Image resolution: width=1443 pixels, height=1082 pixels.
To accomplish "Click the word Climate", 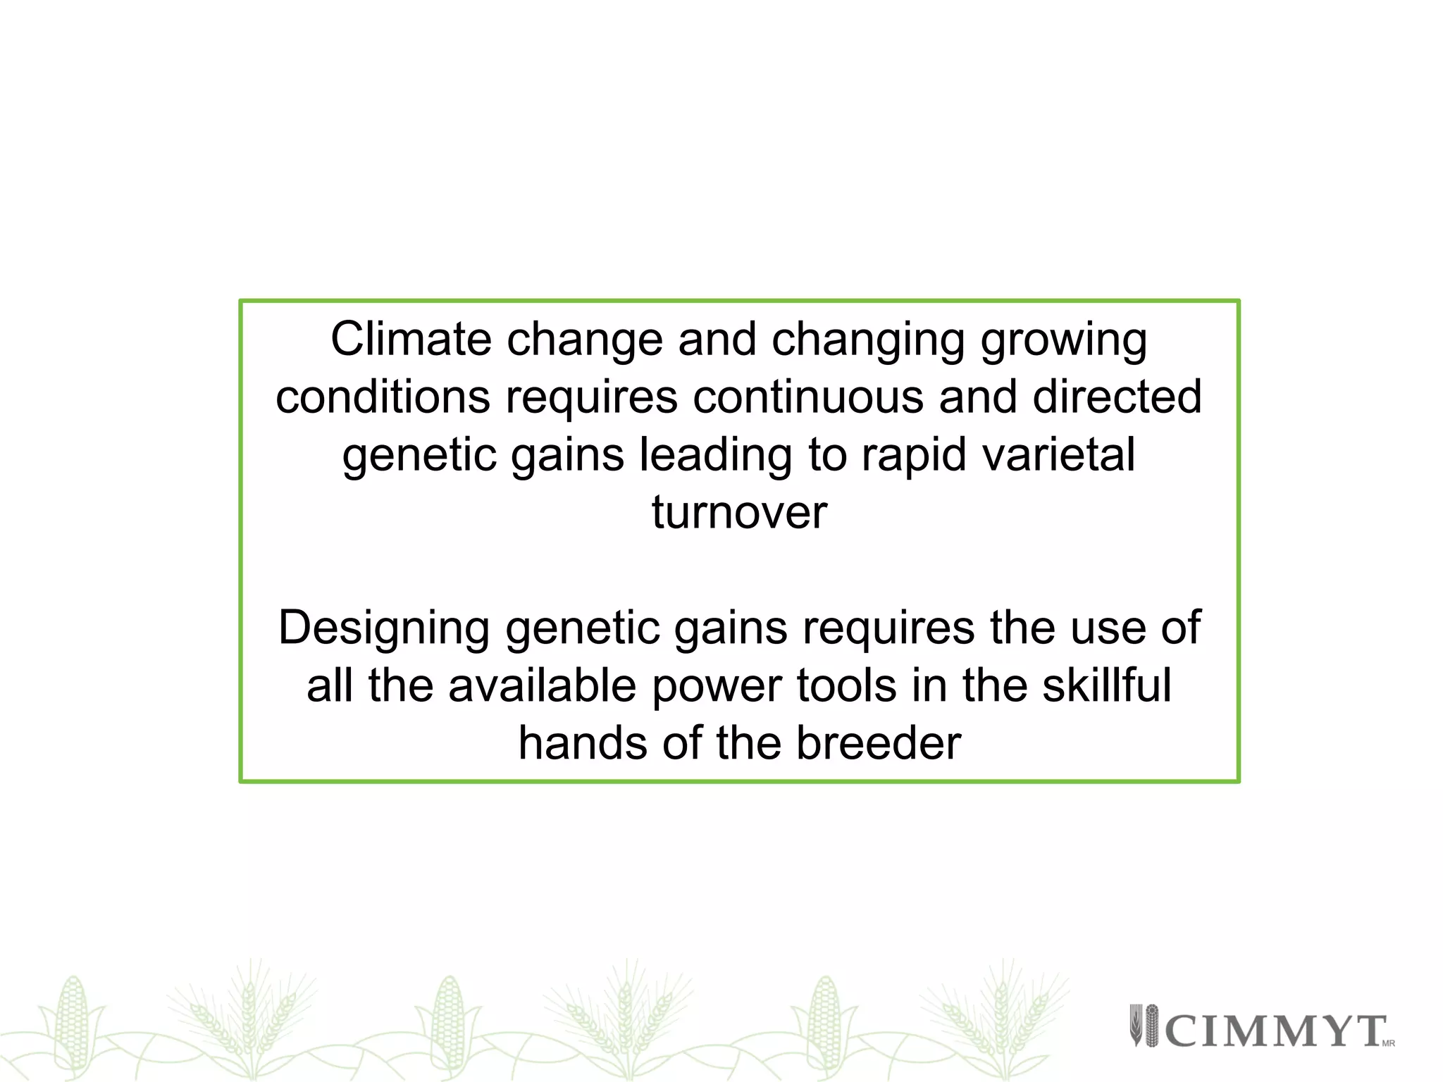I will pos(411,340).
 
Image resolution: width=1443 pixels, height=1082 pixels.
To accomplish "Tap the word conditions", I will pos(383,397).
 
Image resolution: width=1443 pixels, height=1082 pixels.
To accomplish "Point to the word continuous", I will pos(807,397).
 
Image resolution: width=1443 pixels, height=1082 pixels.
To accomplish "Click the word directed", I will pos(1117,397).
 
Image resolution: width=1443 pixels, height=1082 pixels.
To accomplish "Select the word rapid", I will pos(914,456).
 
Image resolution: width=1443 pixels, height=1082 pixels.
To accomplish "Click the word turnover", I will pos(739,513).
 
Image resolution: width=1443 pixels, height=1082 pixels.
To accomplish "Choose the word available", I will pos(542,686).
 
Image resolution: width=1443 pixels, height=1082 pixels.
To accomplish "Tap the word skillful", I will pos(1106,686).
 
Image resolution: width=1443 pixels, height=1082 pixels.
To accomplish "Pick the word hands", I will pos(583,744).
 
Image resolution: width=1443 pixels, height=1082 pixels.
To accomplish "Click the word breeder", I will pos(878,744).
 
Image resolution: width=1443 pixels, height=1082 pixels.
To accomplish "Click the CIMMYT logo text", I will pos(1275,1031).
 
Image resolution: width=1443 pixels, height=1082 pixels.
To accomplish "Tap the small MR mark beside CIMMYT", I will pos(1388,1043).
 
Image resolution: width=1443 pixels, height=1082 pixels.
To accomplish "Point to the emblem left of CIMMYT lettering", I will pos(1144,1025).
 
